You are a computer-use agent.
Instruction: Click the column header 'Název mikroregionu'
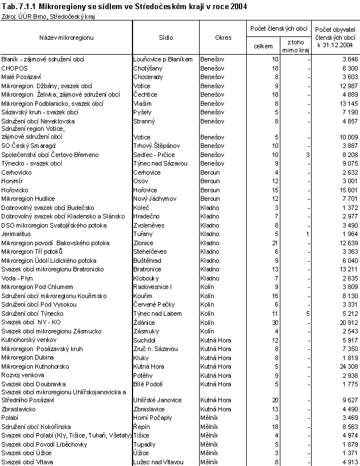click(66, 38)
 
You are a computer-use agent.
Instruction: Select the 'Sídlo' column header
click(166, 38)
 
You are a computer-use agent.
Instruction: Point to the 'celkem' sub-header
click(263, 46)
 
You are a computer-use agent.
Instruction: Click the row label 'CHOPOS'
click(15, 68)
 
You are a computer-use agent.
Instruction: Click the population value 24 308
click(346, 367)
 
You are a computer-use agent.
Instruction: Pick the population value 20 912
click(346, 322)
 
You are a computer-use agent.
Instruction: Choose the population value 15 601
click(346, 190)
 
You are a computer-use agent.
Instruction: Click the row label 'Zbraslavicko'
click(20, 409)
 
